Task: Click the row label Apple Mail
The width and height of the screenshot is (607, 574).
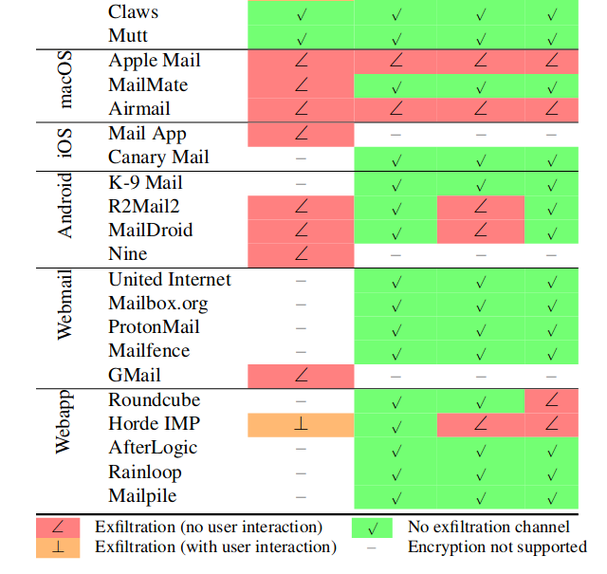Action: click(155, 61)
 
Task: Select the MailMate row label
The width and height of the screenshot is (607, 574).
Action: click(148, 84)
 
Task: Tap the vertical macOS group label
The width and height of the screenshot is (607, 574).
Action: click(64, 80)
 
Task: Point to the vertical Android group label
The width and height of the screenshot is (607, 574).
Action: click(64, 205)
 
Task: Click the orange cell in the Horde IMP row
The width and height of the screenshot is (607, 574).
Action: click(301, 425)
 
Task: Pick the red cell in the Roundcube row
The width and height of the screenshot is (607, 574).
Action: click(551, 401)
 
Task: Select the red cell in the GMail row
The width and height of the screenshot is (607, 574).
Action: click(301, 376)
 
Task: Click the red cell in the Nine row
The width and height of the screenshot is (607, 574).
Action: click(301, 255)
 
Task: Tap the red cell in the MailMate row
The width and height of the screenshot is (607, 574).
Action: click(301, 85)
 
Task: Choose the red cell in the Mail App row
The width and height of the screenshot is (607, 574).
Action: click(301, 135)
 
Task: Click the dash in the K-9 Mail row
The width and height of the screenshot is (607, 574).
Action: click(301, 184)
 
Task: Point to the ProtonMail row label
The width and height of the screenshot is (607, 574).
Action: click(154, 326)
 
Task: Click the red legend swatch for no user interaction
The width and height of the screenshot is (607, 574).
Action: click(58, 528)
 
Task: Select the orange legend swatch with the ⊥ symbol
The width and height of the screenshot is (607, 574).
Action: click(58, 547)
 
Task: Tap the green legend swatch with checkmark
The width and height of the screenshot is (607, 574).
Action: click(372, 528)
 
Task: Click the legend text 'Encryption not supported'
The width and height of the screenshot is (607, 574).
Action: click(497, 546)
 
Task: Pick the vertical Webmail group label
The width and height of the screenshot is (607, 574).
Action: click(64, 305)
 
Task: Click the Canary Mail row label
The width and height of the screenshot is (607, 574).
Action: click(158, 157)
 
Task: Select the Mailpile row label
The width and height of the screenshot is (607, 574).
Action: click(142, 496)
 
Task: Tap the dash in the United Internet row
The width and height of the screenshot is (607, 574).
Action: click(301, 281)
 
